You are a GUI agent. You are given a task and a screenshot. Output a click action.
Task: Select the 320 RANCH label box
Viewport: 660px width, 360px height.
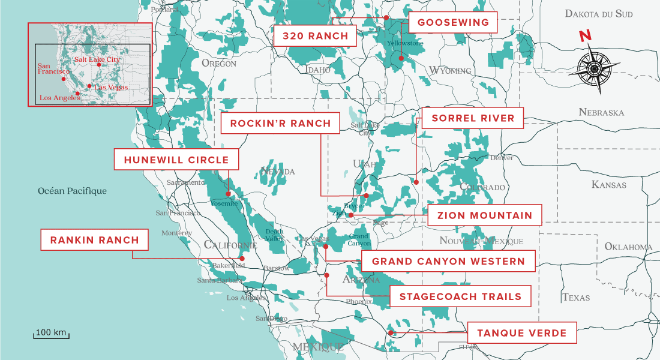tap(315, 36)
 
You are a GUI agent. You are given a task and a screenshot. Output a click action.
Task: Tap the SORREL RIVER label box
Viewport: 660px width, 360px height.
tap(472, 118)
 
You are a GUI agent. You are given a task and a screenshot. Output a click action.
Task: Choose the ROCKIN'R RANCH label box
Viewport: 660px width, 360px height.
tap(281, 124)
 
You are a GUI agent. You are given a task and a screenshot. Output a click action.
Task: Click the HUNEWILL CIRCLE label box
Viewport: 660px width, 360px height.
tap(176, 160)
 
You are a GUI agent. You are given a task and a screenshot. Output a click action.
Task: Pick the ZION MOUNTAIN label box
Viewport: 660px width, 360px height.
tap(484, 215)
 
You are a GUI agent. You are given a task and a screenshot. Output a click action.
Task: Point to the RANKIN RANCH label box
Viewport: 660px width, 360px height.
tap(95, 240)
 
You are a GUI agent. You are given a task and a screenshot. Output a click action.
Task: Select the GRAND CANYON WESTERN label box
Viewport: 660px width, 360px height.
tap(448, 262)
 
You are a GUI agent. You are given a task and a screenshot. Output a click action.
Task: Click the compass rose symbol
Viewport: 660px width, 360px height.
tap(594, 68)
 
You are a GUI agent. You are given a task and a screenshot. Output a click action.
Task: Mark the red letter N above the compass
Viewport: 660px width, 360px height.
tap(584, 36)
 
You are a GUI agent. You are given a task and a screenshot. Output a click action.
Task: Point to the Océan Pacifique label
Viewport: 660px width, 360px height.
tap(72, 191)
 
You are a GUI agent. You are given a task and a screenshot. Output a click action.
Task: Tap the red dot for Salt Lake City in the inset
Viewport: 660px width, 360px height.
tap(99, 65)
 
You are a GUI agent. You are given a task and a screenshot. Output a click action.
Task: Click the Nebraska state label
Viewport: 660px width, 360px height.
tap(601, 112)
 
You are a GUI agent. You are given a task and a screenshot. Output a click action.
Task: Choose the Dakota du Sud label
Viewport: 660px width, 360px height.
tap(601, 13)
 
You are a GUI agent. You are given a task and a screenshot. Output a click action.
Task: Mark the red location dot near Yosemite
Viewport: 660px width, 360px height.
tap(228, 194)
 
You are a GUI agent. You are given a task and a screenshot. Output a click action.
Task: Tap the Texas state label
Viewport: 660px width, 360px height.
tap(575, 297)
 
